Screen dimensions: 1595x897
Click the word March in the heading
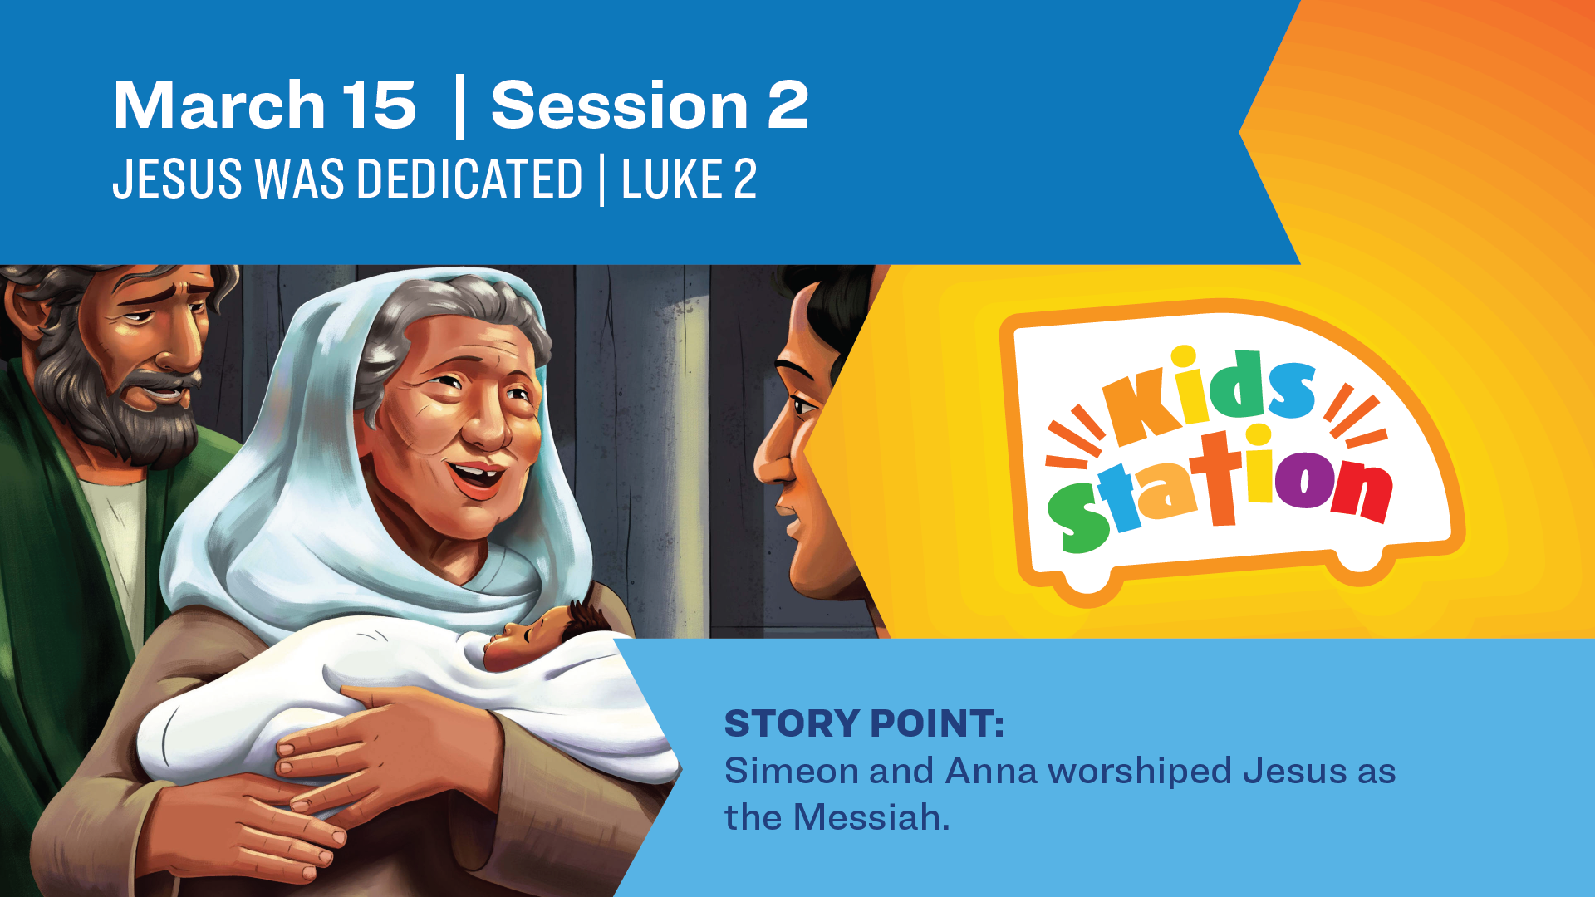pos(219,105)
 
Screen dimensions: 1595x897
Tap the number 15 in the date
pos(379,105)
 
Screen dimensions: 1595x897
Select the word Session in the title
pos(620,105)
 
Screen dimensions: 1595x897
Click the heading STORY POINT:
pos(864,723)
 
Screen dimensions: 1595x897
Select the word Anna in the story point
pos(991,771)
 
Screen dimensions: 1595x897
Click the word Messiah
pos(871,817)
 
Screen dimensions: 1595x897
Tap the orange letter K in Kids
pos(1136,409)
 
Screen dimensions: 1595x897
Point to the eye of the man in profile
pos(803,406)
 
